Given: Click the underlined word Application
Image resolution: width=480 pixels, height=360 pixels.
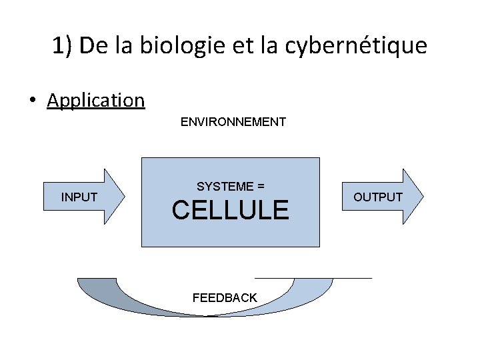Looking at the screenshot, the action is (x=96, y=101).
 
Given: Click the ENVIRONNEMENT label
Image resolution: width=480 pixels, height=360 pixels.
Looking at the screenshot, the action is (x=233, y=122).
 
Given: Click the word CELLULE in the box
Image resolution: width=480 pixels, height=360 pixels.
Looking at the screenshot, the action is (x=230, y=210).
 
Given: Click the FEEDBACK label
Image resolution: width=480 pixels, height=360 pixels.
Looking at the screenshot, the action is (x=225, y=298).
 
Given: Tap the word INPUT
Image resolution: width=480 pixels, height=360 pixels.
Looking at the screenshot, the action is (x=79, y=197).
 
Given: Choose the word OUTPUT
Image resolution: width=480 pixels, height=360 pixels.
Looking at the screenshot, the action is (x=377, y=197).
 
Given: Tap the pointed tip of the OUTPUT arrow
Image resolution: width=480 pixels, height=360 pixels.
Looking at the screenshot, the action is (x=421, y=197).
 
